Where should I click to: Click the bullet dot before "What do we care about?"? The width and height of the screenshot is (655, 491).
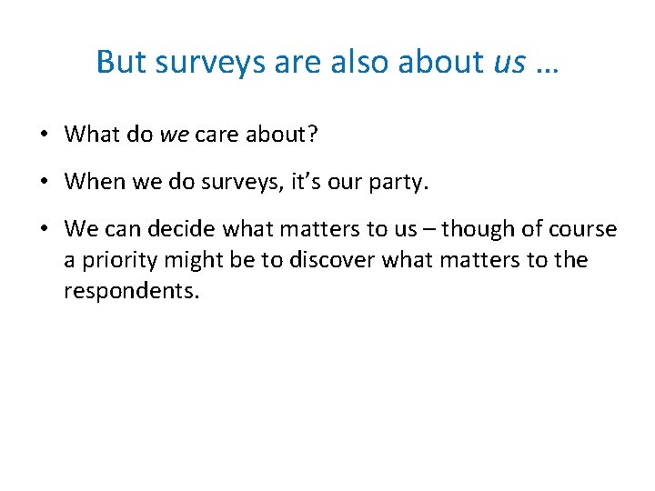click(x=44, y=135)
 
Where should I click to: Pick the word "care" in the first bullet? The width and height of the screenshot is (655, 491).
click(x=216, y=135)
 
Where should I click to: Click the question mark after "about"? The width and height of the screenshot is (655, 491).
click(x=312, y=135)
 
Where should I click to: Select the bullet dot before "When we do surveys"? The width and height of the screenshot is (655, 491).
click(x=44, y=183)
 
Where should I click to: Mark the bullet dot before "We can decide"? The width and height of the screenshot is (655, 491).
click(x=44, y=230)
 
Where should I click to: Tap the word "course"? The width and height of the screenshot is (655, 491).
click(x=582, y=229)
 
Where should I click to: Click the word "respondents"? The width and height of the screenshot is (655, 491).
click(x=130, y=291)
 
